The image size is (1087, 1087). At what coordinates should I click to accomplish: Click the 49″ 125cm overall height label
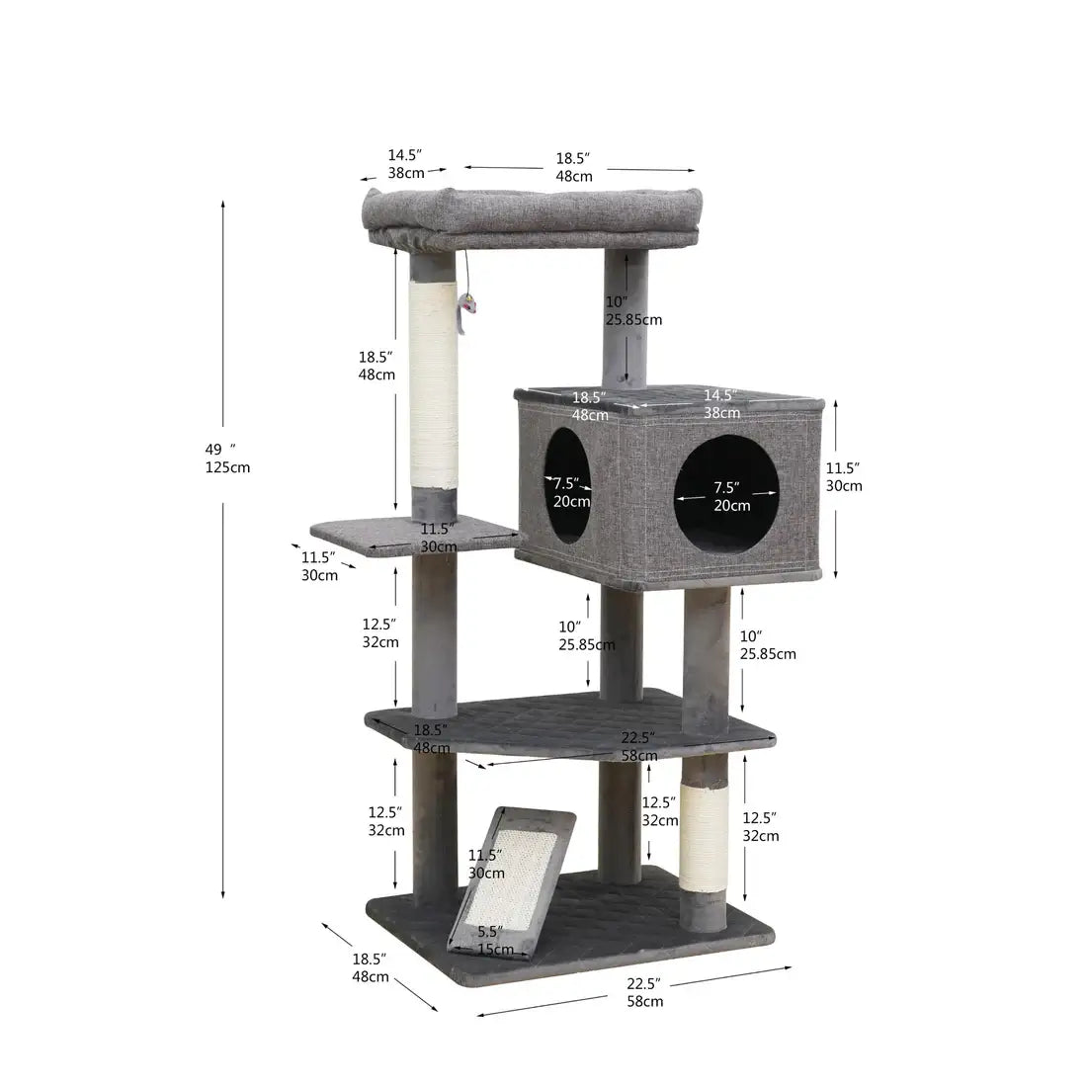(226, 458)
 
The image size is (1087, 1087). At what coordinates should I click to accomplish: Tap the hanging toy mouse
(465, 307)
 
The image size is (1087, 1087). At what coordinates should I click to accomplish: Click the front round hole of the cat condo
(726, 493)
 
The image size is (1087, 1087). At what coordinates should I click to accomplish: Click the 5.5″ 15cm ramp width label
(493, 940)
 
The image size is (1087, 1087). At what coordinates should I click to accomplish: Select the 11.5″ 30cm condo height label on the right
(843, 476)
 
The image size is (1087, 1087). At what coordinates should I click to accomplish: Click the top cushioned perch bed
(532, 212)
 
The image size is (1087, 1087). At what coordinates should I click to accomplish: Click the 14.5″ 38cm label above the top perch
(404, 164)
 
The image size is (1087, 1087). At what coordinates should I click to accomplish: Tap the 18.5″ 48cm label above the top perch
(573, 167)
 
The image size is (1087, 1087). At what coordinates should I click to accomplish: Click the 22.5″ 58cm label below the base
(644, 992)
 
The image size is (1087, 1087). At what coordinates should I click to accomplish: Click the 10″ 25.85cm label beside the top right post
(632, 310)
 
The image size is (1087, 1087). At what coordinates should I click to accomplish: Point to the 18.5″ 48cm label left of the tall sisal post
(376, 365)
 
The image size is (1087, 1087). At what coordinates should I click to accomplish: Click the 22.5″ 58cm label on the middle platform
(638, 746)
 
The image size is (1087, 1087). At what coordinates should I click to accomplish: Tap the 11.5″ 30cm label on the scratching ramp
(485, 864)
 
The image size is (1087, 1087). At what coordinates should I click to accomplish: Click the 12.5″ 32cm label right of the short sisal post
(760, 826)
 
